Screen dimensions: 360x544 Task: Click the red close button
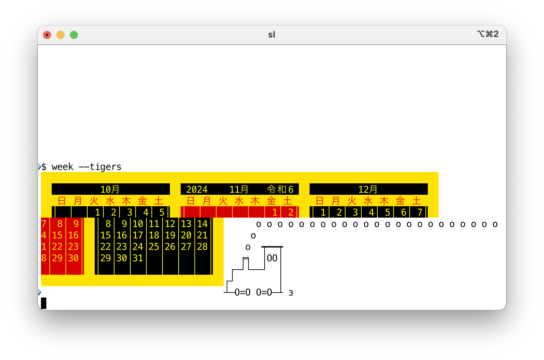pyautogui.click(x=47, y=35)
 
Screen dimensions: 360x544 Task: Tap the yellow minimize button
pyautogui.click(x=60, y=35)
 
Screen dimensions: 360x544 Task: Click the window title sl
pyautogui.click(x=272, y=35)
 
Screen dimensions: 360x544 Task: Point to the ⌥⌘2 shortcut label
pyautogui.click(x=488, y=34)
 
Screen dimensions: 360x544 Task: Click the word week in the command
pyautogui.click(x=62, y=167)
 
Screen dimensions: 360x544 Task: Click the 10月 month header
pyautogui.click(x=110, y=189)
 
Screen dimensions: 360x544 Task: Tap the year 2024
pyautogui.click(x=197, y=189)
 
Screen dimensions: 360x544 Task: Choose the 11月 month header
pyautogui.click(x=239, y=189)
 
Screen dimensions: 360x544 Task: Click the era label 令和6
pyautogui.click(x=280, y=189)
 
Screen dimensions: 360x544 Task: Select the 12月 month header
pyautogui.click(x=368, y=189)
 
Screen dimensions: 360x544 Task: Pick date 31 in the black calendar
pyautogui.click(x=138, y=258)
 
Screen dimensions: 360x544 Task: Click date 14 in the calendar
pyautogui.click(x=202, y=224)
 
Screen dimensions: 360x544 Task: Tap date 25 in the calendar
pyautogui.click(x=154, y=246)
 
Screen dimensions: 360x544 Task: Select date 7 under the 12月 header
pyautogui.click(x=419, y=212)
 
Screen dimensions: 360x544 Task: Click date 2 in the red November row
pyautogui.click(x=291, y=212)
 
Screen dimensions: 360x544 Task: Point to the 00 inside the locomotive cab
pyautogui.click(x=272, y=258)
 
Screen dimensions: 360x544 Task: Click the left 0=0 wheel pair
pyautogui.click(x=242, y=292)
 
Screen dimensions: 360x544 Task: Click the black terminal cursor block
pyautogui.click(x=44, y=303)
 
